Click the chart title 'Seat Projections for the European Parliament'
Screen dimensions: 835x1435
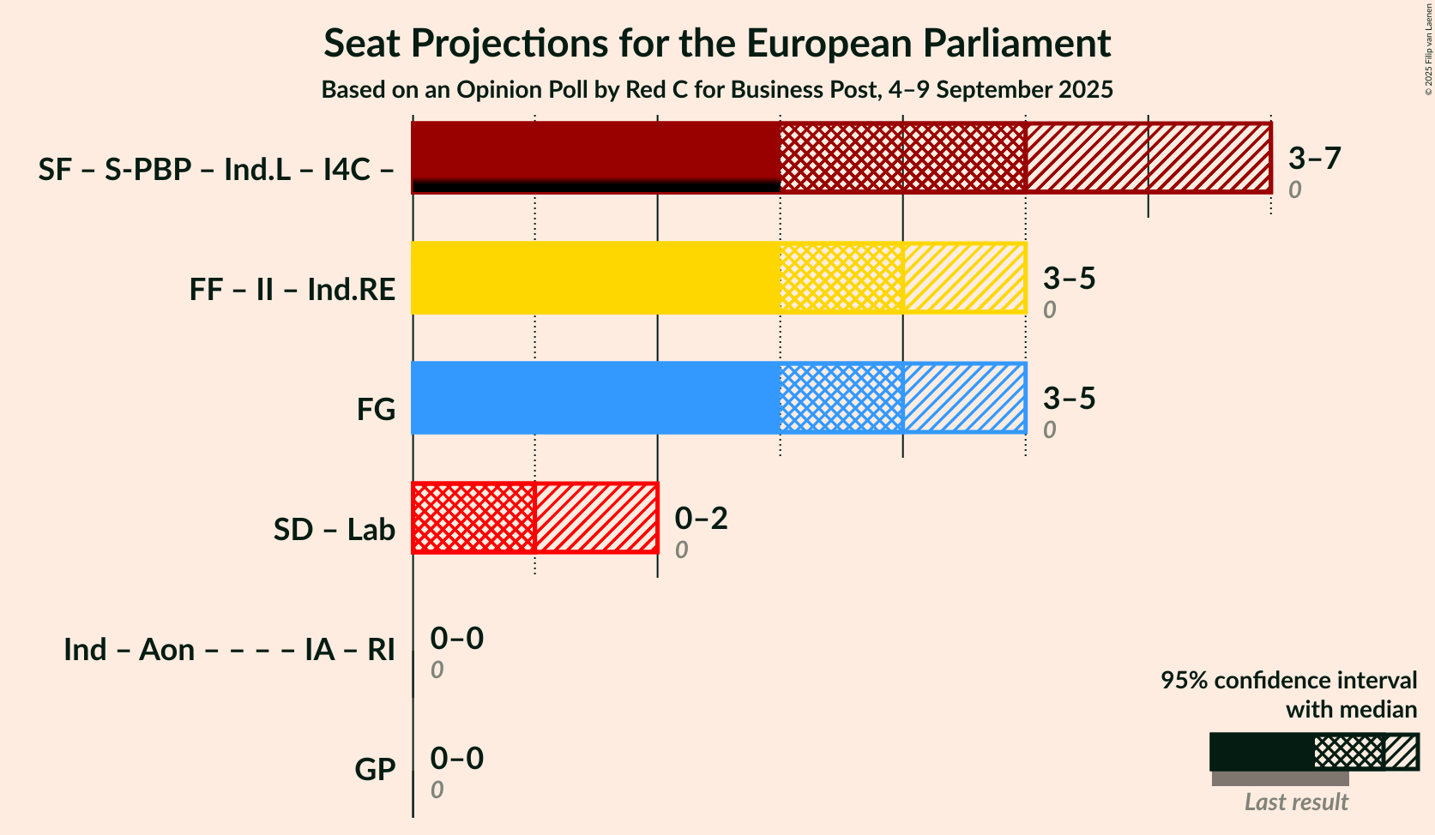(x=717, y=44)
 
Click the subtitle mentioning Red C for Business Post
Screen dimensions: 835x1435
(x=717, y=90)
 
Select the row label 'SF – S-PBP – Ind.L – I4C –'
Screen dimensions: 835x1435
(x=216, y=170)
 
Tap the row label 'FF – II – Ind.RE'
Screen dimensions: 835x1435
(x=292, y=290)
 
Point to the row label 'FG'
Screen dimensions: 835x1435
(x=376, y=410)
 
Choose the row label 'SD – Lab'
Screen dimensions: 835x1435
(x=335, y=530)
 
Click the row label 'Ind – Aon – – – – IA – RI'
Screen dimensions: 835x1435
(x=229, y=650)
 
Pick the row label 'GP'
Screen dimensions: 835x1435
(x=375, y=770)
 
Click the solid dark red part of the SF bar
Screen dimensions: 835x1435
(x=595, y=152)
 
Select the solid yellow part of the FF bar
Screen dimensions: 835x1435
(x=595, y=278)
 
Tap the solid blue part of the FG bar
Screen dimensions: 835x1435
(x=595, y=398)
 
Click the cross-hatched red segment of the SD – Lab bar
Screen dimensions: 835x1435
(x=473, y=518)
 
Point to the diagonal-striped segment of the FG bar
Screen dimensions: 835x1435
(x=964, y=398)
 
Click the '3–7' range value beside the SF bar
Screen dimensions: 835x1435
(x=1314, y=159)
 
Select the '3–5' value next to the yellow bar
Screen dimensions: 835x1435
(x=1069, y=279)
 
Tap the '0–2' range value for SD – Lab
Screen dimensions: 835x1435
(x=701, y=519)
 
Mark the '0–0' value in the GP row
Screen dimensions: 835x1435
(x=456, y=759)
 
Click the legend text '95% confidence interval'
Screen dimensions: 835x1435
(x=1288, y=681)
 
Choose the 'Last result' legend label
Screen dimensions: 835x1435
(x=1296, y=802)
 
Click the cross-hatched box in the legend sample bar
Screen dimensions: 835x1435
(x=1348, y=752)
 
